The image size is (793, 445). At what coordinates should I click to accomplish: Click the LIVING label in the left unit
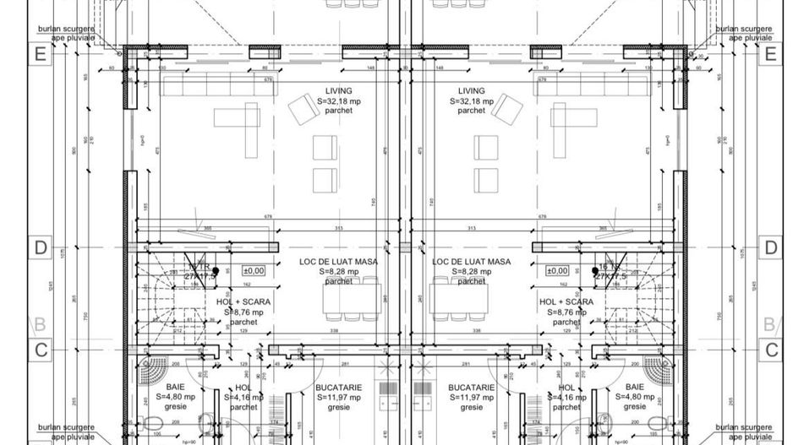pyautogui.click(x=338, y=91)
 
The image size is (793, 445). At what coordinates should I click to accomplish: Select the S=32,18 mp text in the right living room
pyautogui.click(x=471, y=101)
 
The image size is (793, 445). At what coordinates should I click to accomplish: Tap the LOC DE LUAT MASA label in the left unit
pyautogui.click(x=338, y=263)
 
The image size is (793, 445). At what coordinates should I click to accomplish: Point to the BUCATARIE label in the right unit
pyautogui.click(x=471, y=388)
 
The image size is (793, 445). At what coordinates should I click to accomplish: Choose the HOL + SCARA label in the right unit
pyautogui.click(x=566, y=301)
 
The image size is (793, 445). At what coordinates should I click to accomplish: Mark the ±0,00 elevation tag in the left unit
pyautogui.click(x=254, y=271)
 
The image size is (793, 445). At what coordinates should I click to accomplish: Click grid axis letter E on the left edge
pyautogui.click(x=39, y=54)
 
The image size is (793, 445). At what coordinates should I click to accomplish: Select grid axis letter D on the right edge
pyautogui.click(x=770, y=248)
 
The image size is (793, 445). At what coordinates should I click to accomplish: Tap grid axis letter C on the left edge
pyautogui.click(x=39, y=349)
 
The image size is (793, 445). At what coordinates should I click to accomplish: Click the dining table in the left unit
pyautogui.click(x=351, y=298)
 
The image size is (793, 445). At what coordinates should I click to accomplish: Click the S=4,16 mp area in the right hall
pyautogui.click(x=566, y=397)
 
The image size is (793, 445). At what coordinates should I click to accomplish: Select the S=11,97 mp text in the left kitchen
pyautogui.click(x=338, y=397)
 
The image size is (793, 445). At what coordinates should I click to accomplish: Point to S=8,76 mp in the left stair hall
pyautogui.click(x=243, y=312)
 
